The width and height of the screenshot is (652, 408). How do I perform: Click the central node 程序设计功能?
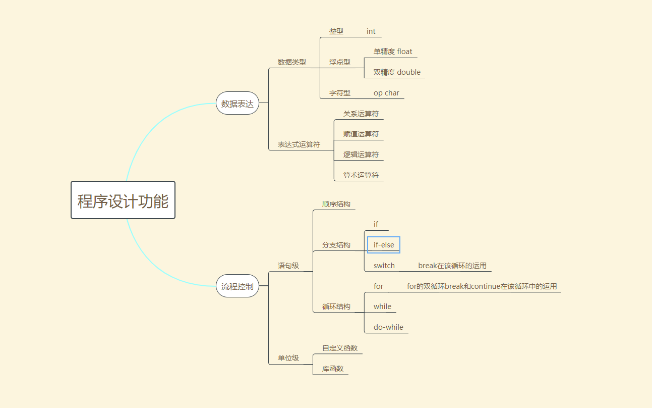point(123,200)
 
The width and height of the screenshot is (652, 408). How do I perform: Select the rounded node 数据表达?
point(238,104)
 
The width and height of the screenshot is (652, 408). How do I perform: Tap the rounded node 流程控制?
point(238,286)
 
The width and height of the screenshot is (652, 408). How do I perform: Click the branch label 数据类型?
point(292,62)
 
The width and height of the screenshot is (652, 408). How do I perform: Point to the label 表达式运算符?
point(299,144)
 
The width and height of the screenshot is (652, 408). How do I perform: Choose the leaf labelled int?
point(371,31)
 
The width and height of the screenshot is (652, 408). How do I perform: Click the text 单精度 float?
point(393,52)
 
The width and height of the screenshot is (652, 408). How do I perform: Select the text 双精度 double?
point(397,72)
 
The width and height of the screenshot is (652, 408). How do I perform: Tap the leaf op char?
point(386,93)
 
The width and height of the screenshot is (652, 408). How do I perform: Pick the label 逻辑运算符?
point(361,155)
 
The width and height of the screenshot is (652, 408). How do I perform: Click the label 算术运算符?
point(361,175)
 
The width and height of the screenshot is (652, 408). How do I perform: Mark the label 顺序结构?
point(336,204)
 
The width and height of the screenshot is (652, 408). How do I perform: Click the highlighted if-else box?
point(384,245)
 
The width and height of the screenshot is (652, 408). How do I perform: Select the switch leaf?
point(384,266)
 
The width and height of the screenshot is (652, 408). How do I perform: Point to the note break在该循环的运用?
point(452,266)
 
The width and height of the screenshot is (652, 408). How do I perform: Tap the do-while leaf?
point(388,327)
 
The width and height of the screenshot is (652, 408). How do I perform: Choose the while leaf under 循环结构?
point(382,307)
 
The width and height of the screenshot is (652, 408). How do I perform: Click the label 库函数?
point(333,369)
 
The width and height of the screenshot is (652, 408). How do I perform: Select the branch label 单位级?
point(288,358)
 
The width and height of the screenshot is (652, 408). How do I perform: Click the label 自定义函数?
point(340,348)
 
